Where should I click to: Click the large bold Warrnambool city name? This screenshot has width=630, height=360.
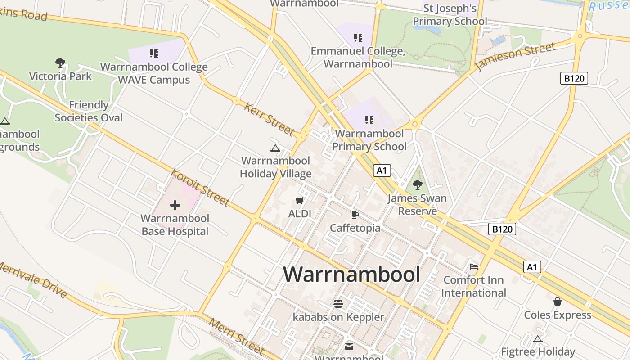pyautogui.click(x=352, y=274)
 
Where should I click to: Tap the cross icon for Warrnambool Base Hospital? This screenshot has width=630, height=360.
pyautogui.click(x=175, y=206)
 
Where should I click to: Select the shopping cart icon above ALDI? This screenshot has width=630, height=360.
pyautogui.click(x=300, y=200)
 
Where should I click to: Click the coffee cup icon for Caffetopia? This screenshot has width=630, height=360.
pyautogui.click(x=355, y=215)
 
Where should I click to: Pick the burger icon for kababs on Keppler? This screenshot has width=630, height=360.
pyautogui.click(x=338, y=304)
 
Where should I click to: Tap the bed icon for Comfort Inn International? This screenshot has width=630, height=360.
pyautogui.click(x=473, y=267)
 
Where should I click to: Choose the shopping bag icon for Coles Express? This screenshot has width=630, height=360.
pyautogui.click(x=558, y=301)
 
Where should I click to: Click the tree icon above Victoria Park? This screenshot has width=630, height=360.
pyautogui.click(x=60, y=63)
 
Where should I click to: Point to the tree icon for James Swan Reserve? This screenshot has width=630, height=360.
pyautogui.click(x=418, y=184)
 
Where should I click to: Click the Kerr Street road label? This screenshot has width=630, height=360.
pyautogui.click(x=269, y=119)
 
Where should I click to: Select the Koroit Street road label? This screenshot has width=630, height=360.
pyautogui.click(x=201, y=187)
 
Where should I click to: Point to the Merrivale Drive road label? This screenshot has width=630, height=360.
pyautogui.click(x=34, y=280)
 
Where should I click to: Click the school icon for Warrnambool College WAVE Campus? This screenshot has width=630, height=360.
pyautogui.click(x=154, y=54)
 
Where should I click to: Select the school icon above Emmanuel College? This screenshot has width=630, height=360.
pyautogui.click(x=358, y=38)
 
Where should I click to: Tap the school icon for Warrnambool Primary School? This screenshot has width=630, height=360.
pyautogui.click(x=369, y=120)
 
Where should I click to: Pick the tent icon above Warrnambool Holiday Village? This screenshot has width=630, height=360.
pyautogui.click(x=275, y=148)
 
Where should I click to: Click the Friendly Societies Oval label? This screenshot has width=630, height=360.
pyautogui.click(x=89, y=111)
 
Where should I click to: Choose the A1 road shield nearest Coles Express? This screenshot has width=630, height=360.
pyautogui.click(x=532, y=267)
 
